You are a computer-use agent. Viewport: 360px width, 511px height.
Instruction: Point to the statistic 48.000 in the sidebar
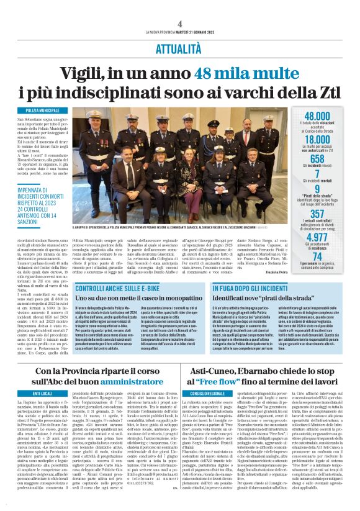click(317, 116)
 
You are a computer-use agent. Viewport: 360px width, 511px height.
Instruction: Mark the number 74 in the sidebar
click(317, 256)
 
